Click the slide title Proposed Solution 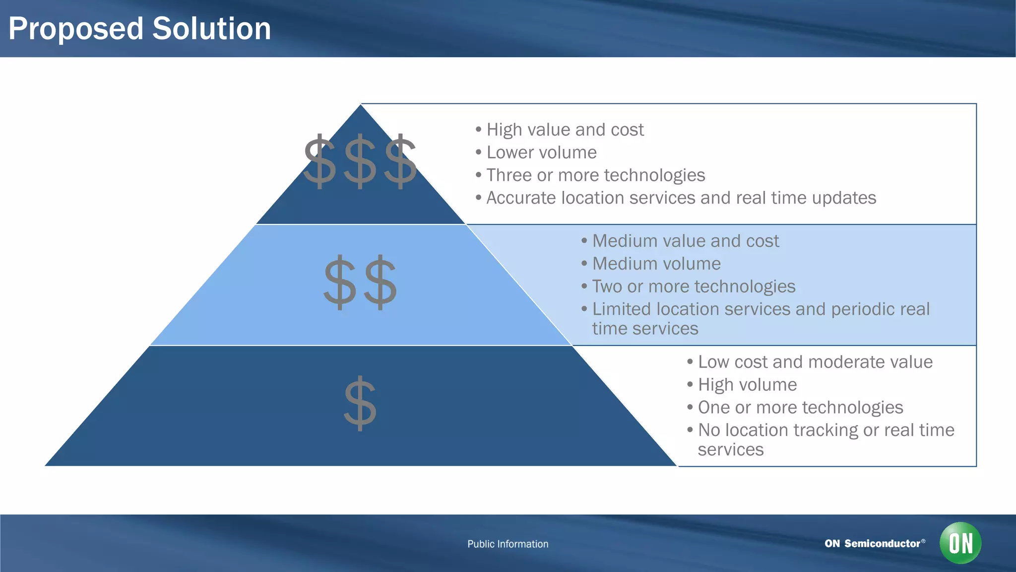click(x=139, y=29)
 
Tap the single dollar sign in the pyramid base click(x=360, y=403)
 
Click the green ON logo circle click(x=960, y=543)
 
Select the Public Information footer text click(x=508, y=544)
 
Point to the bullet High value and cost click(x=565, y=130)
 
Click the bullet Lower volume click(x=541, y=153)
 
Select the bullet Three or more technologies click(x=595, y=176)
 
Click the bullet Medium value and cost click(x=685, y=241)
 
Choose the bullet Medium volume click(x=656, y=264)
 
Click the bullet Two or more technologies click(x=693, y=287)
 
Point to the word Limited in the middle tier click(x=622, y=309)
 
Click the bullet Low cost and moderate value click(x=815, y=362)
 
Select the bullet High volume click(x=747, y=385)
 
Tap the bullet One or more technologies click(x=800, y=408)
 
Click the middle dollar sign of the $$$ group click(x=360, y=161)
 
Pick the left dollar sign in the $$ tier click(x=340, y=282)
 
